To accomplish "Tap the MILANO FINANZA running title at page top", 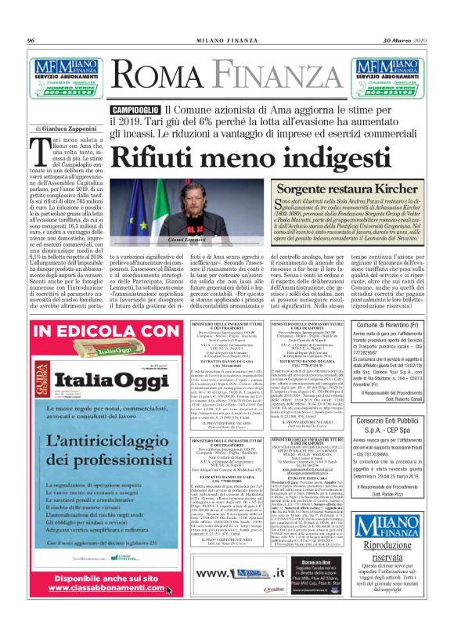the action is tap(226, 40).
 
